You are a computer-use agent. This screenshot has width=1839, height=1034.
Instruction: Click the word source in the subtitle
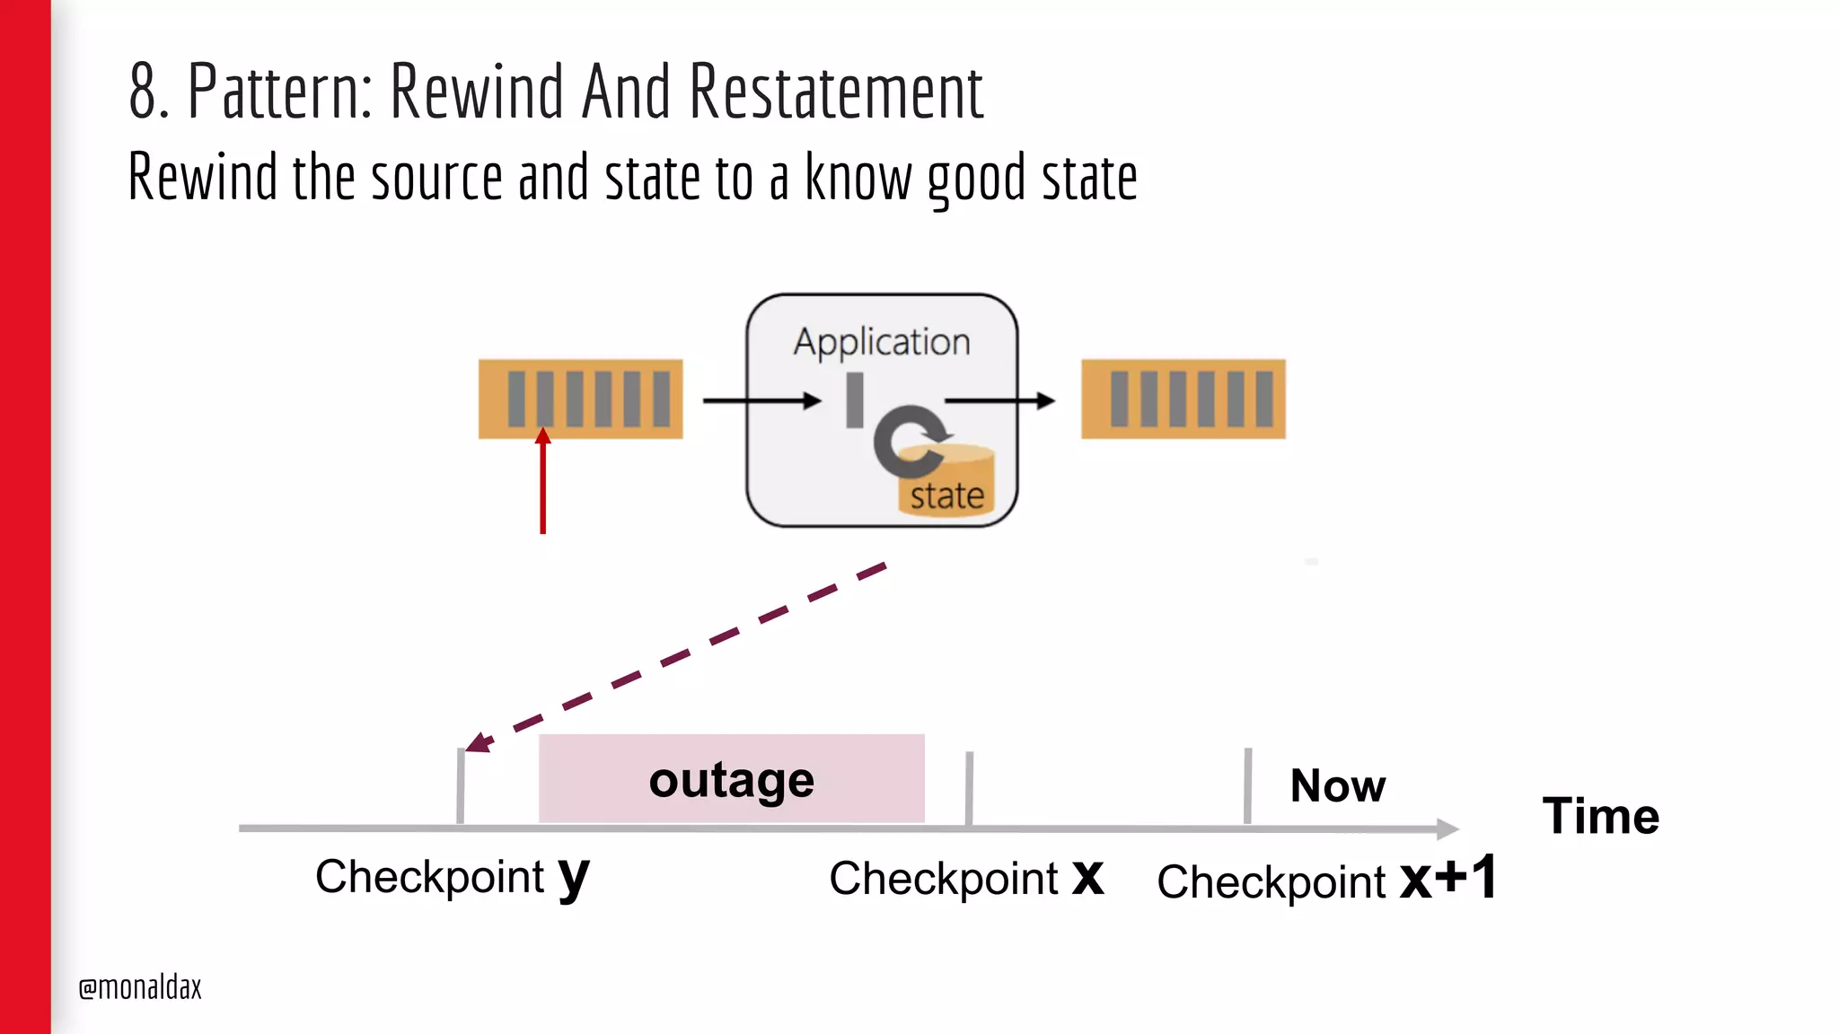click(x=436, y=177)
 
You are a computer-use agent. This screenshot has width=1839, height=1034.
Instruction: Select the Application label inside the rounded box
click(x=881, y=342)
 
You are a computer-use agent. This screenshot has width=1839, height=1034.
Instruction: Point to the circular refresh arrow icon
click(x=909, y=440)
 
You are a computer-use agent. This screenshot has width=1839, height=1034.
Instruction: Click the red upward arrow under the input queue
click(x=542, y=485)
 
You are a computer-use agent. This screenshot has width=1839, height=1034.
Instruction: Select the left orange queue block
click(x=580, y=399)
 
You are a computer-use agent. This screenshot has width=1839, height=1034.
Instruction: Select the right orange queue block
click(x=1183, y=399)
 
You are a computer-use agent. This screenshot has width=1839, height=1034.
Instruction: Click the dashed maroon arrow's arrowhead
click(x=479, y=742)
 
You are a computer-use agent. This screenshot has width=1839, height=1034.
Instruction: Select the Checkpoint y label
click(x=452, y=876)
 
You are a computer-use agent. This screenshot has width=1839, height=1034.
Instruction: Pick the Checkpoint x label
click(x=965, y=878)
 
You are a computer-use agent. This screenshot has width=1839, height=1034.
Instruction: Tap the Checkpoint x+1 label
click(x=1325, y=880)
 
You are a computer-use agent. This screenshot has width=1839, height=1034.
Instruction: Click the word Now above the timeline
click(x=1337, y=785)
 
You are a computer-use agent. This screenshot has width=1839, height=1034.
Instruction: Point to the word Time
click(x=1600, y=816)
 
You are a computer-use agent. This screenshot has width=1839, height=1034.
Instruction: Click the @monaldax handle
click(x=140, y=987)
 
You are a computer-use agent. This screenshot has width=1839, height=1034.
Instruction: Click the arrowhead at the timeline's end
click(x=1447, y=828)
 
